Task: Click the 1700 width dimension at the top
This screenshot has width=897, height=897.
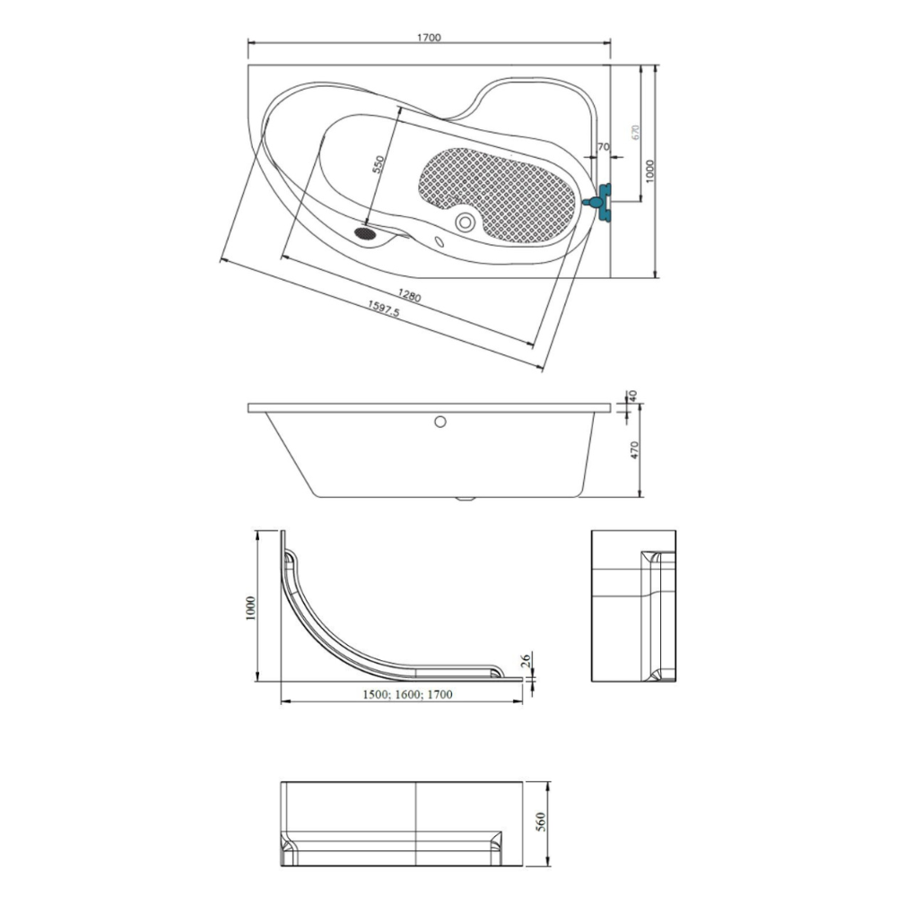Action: coord(429,38)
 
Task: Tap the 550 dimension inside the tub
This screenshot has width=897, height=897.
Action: coord(378,164)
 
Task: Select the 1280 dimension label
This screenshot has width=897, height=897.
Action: coord(410,296)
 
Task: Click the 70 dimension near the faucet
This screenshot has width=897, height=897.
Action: coord(603,147)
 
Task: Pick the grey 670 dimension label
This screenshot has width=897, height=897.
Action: coord(635,133)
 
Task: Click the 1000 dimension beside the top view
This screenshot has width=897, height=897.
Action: coord(649,171)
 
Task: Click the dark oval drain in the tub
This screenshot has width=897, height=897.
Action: coord(364,233)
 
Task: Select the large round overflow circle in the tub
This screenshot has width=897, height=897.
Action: coord(465,222)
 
